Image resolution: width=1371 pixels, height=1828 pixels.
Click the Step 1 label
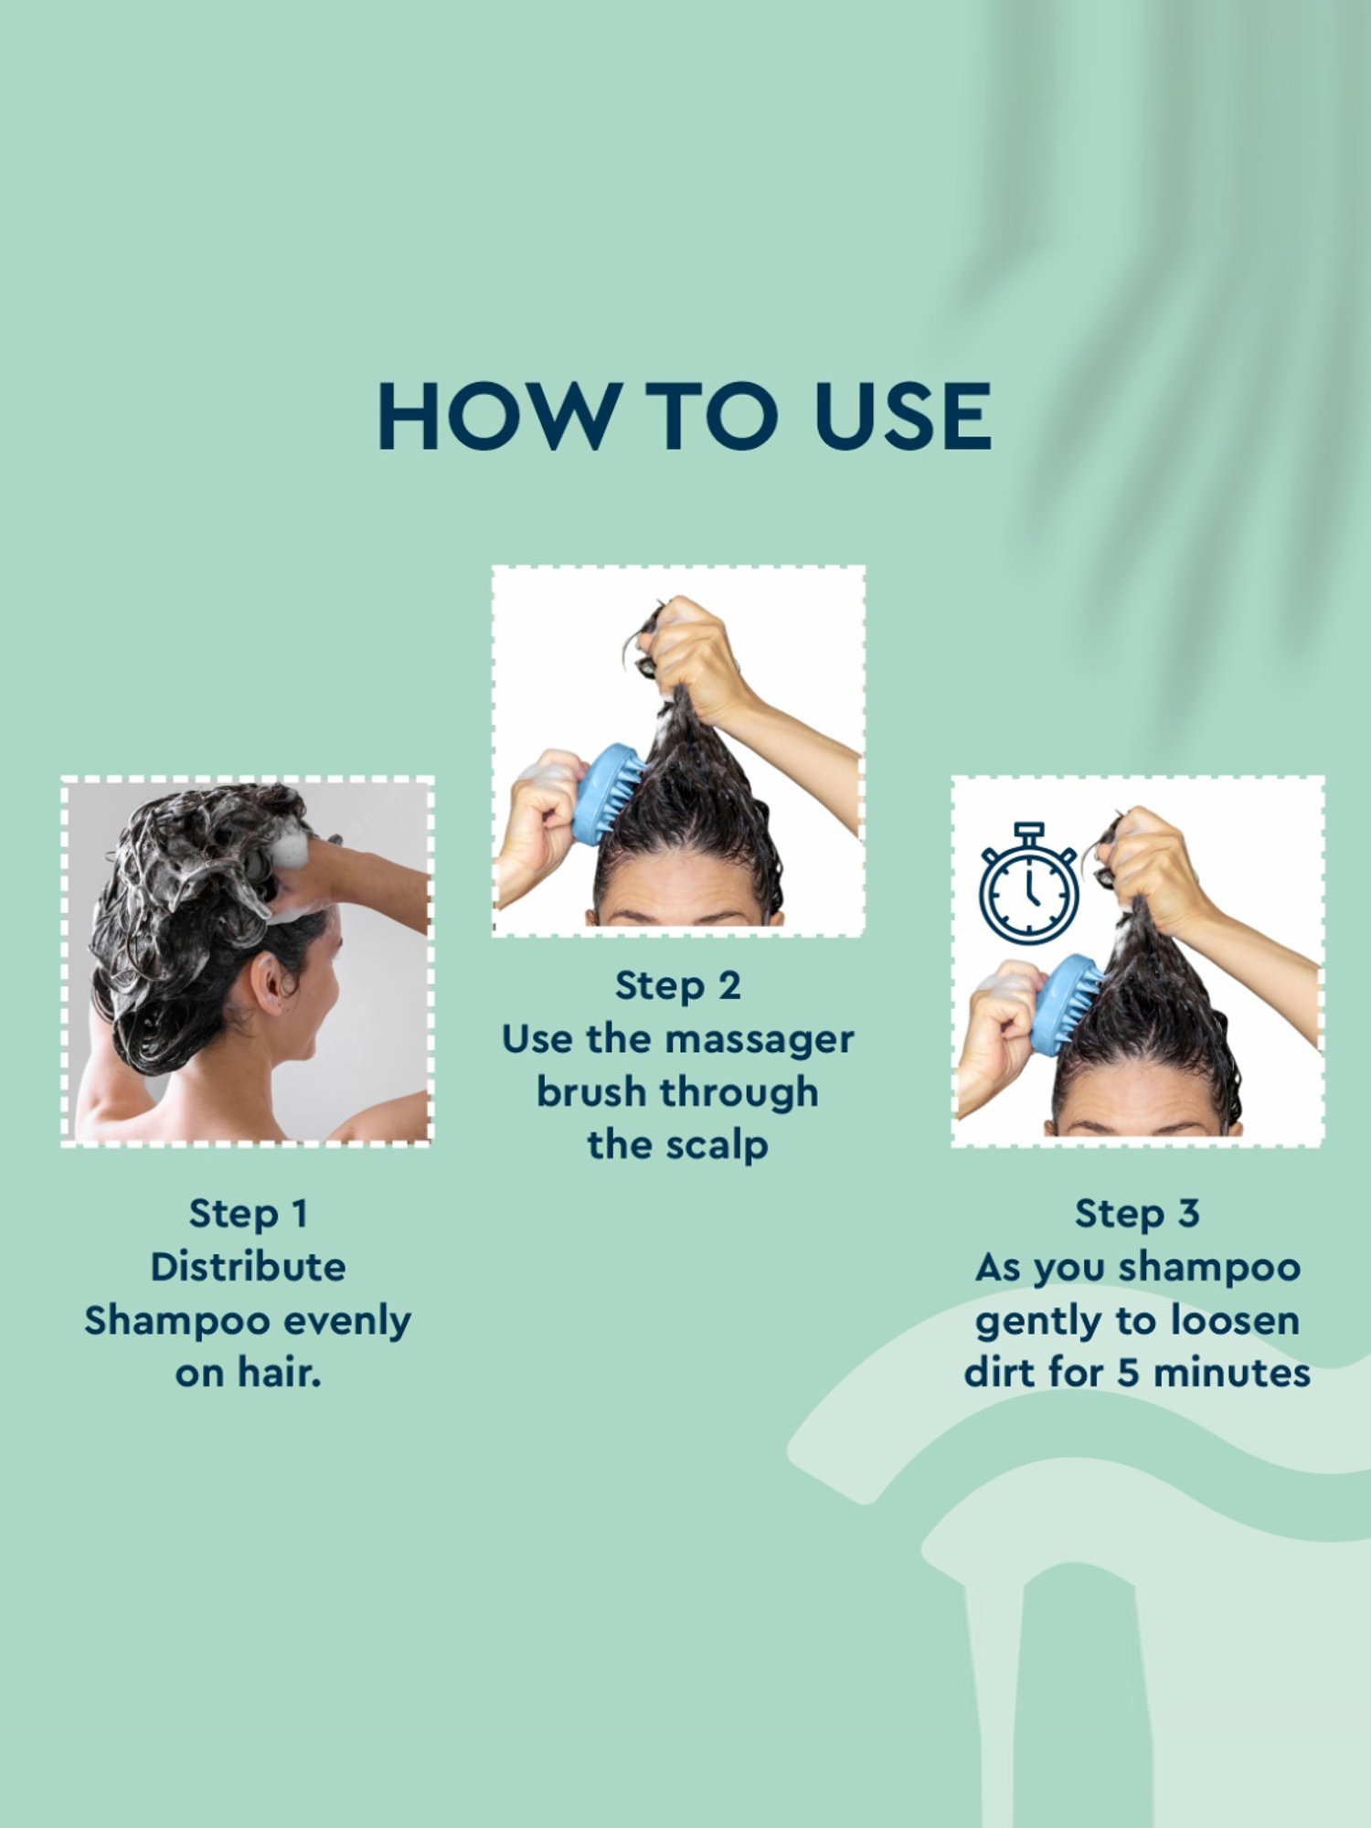click(x=248, y=1214)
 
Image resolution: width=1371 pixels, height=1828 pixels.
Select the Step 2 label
click(x=677, y=986)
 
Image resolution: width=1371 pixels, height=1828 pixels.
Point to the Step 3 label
click(x=1137, y=1214)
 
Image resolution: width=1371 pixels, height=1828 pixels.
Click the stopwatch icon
click(x=1028, y=886)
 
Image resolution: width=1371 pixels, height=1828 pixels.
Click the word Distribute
click(x=248, y=1267)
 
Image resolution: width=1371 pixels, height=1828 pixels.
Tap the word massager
click(x=760, y=1040)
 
